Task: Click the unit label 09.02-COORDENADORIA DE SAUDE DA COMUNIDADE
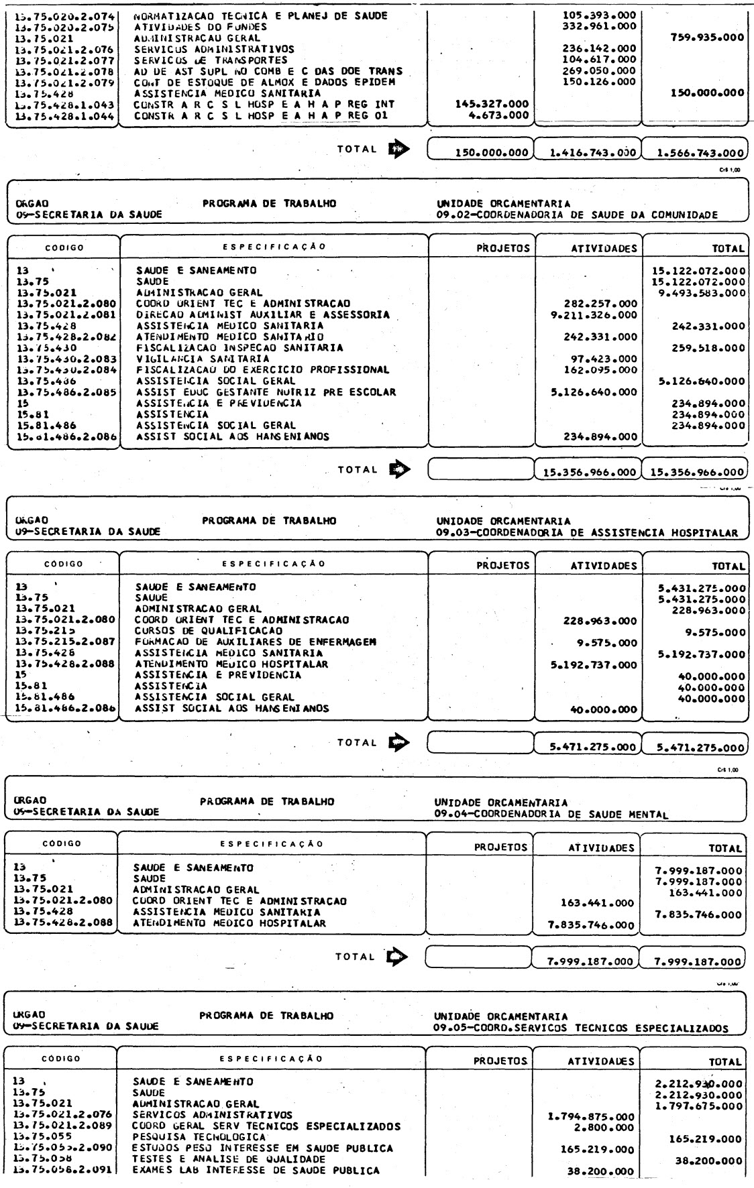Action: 576,215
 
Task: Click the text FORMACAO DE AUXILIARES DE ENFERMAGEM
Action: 256,642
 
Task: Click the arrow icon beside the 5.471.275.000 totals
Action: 395,742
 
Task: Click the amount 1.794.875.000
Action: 591,1117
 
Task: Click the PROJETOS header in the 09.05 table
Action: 500,1061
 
